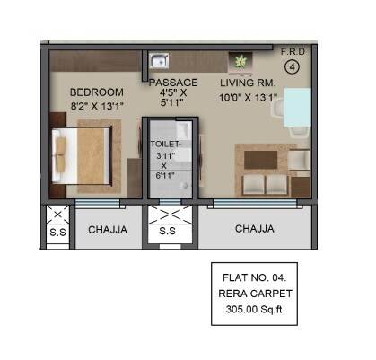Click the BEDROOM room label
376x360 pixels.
(98, 92)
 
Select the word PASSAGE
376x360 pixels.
(173, 83)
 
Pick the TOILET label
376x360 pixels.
(166, 144)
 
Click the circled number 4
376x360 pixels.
(292, 66)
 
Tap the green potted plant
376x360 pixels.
(239, 62)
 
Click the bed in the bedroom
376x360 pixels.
(80, 157)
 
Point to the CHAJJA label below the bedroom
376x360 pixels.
(107, 230)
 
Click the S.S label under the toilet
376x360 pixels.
(167, 231)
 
